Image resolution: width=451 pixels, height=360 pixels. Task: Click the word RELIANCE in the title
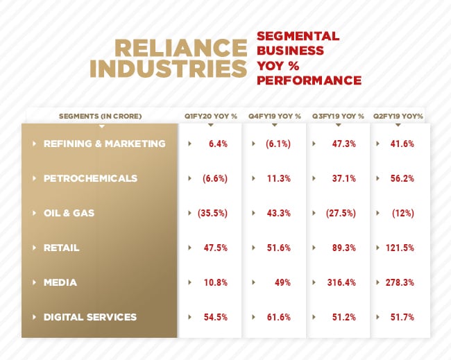click(x=180, y=48)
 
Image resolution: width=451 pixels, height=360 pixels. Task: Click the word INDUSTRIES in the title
click(x=169, y=69)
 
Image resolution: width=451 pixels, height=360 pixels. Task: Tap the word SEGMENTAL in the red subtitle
click(x=298, y=36)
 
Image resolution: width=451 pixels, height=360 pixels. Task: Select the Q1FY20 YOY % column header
click(x=210, y=116)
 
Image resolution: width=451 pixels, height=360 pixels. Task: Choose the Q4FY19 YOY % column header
click(x=274, y=116)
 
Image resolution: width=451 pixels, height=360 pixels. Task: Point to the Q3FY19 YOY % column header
click(x=338, y=116)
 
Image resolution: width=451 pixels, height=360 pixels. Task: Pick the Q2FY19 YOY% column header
click(x=398, y=116)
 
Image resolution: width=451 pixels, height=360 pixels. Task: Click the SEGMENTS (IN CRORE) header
click(x=101, y=116)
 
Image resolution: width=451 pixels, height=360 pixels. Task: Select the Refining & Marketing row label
click(x=104, y=144)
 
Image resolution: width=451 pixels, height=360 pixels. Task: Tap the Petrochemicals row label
click(x=90, y=178)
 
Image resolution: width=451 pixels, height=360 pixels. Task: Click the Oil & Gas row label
click(x=69, y=213)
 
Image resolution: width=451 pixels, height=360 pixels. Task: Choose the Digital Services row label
click(x=90, y=317)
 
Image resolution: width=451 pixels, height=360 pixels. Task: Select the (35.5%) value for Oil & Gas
click(x=212, y=213)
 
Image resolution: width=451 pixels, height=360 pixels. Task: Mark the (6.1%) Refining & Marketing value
click(x=278, y=144)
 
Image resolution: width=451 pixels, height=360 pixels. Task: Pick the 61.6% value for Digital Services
click(x=278, y=317)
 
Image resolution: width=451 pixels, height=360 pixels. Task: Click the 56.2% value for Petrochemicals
click(x=402, y=178)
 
